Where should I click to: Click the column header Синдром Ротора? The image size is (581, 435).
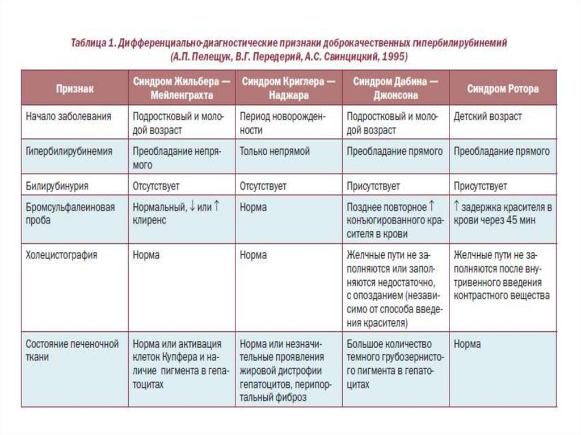click(503, 89)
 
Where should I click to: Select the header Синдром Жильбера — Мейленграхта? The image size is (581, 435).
click(182, 88)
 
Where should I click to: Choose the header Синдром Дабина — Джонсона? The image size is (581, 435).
click(395, 88)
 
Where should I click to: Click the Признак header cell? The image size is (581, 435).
click(75, 89)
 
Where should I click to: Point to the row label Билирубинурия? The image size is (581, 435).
click(57, 186)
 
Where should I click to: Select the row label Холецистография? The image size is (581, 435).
click(62, 255)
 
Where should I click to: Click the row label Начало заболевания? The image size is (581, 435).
click(69, 116)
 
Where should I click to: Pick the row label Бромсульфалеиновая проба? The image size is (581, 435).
click(70, 214)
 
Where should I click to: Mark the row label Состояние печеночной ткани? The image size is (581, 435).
click(72, 350)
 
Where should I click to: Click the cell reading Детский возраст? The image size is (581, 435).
click(487, 116)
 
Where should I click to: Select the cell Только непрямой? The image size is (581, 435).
click(275, 151)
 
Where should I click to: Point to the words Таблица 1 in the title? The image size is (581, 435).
click(94, 44)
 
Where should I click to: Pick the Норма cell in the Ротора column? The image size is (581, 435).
click(467, 344)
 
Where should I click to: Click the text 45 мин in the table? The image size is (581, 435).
click(521, 221)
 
